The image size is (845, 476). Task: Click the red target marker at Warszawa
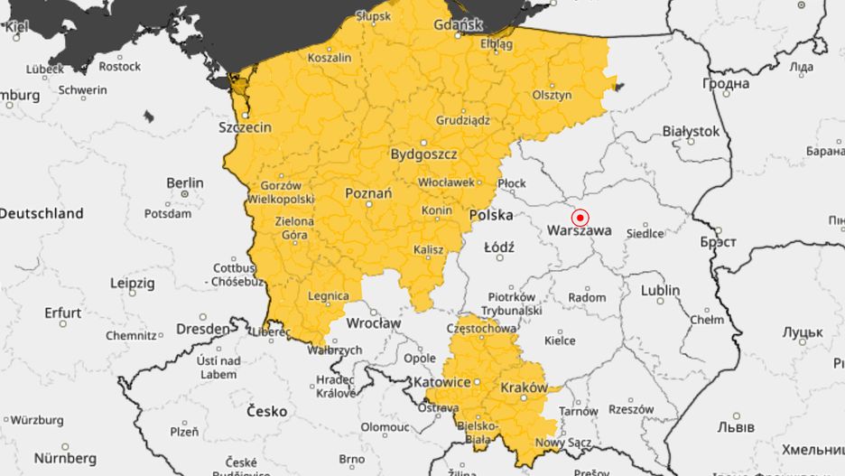(x=580, y=218)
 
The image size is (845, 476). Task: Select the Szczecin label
(x=245, y=127)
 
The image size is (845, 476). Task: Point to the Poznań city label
(x=368, y=193)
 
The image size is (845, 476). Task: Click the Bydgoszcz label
(x=423, y=154)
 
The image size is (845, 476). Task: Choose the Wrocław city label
(x=373, y=322)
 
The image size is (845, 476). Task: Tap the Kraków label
(x=524, y=387)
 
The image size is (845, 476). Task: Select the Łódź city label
(x=499, y=247)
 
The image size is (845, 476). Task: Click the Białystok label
(x=691, y=131)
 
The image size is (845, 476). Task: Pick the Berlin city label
(x=185, y=182)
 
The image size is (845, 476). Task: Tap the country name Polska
(x=491, y=215)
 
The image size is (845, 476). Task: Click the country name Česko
(x=267, y=411)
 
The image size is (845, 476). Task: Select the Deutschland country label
(x=42, y=214)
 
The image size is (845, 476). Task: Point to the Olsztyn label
(x=552, y=95)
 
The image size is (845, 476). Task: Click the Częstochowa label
(x=487, y=329)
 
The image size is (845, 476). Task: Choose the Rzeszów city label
(x=631, y=409)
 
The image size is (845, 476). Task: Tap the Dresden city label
(x=203, y=329)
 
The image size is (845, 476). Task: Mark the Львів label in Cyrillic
(x=733, y=426)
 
